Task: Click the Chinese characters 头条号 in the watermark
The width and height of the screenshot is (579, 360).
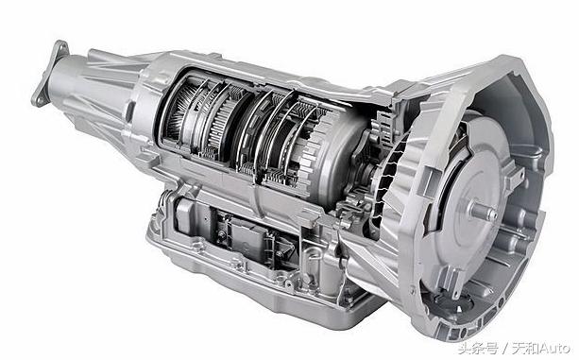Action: click(478, 348)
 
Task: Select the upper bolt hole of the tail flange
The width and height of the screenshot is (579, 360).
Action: click(61, 47)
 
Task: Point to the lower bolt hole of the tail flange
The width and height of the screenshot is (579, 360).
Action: click(37, 99)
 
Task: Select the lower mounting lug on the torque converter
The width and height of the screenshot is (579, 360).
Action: click(454, 282)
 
